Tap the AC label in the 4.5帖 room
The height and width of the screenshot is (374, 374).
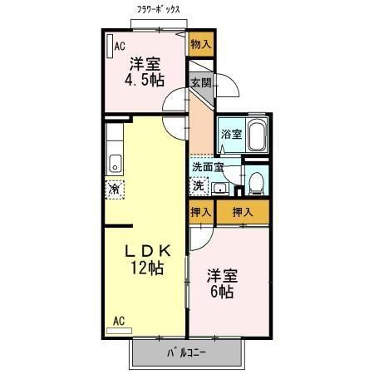[x=120, y=47]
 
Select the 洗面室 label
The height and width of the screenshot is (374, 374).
[x=208, y=166]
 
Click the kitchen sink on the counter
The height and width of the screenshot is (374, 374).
[x=116, y=162]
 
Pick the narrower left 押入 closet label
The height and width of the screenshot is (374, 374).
[x=200, y=213]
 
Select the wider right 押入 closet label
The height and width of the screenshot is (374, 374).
[x=243, y=213]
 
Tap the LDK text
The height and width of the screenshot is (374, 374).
[x=148, y=251]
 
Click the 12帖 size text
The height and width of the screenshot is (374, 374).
[x=146, y=268]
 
